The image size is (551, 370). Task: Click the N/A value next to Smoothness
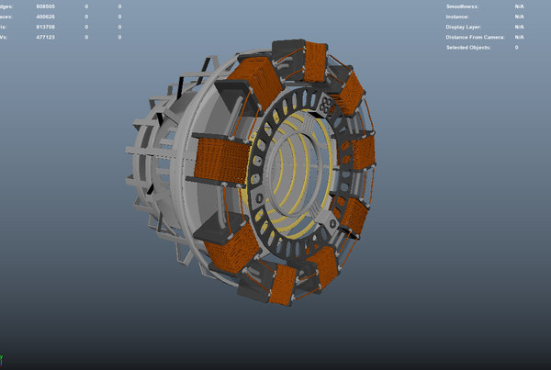[x=519, y=6]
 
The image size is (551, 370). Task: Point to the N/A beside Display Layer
[x=519, y=27]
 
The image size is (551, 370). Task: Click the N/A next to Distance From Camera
[x=519, y=37]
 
